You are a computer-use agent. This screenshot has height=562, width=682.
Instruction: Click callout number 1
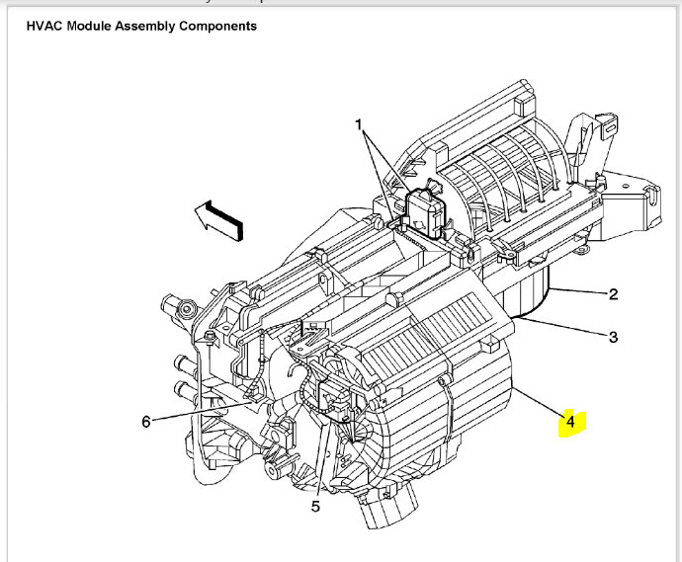(x=361, y=126)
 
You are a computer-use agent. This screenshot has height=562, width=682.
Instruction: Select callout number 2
(x=613, y=293)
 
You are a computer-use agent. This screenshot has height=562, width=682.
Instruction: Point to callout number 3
(x=613, y=337)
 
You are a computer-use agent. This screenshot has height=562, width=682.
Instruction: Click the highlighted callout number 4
(x=570, y=423)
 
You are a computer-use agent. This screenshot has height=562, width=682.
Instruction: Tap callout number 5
(x=316, y=507)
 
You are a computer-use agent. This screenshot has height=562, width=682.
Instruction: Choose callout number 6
(x=146, y=422)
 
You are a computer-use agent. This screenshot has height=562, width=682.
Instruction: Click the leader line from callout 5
(x=323, y=464)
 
